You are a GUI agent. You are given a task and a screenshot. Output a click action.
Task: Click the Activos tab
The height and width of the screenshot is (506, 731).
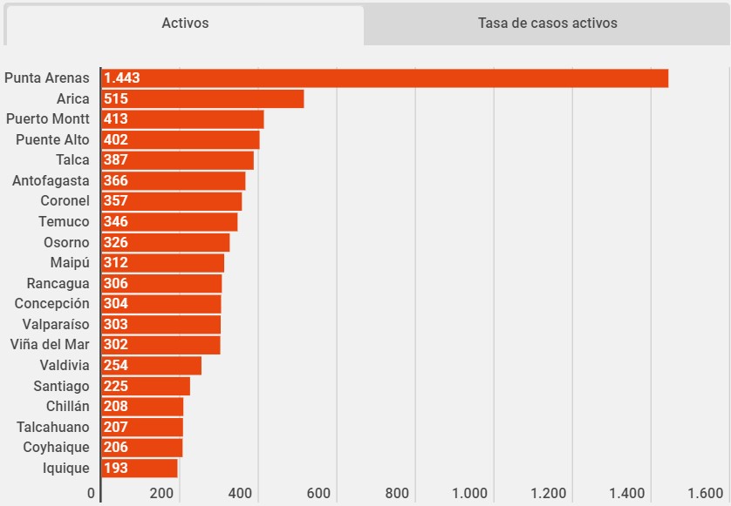(185, 24)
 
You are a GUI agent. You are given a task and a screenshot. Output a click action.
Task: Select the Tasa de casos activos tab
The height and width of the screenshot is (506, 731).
(547, 24)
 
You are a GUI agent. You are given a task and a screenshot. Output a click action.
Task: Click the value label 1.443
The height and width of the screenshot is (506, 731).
(121, 78)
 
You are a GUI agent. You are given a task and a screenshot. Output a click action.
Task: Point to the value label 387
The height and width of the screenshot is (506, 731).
(116, 160)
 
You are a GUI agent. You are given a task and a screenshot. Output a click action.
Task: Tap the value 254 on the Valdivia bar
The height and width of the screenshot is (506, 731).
(116, 366)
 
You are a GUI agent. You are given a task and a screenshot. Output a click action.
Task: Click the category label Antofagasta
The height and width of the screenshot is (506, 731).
(51, 181)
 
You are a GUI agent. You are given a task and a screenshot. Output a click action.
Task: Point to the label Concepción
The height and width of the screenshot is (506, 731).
(51, 304)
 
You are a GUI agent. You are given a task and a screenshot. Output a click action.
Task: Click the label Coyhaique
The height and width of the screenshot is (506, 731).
(56, 448)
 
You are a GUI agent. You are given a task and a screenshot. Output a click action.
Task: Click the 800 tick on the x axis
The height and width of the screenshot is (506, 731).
(397, 494)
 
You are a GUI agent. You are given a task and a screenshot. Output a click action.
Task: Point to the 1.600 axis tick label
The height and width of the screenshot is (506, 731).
(705, 494)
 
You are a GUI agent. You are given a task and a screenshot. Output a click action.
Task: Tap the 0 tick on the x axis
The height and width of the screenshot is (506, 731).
(92, 494)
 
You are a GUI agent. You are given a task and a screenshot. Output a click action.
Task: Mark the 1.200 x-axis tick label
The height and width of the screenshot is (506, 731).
(548, 494)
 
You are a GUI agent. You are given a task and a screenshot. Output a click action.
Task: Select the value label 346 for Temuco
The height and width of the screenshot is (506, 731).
(116, 222)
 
